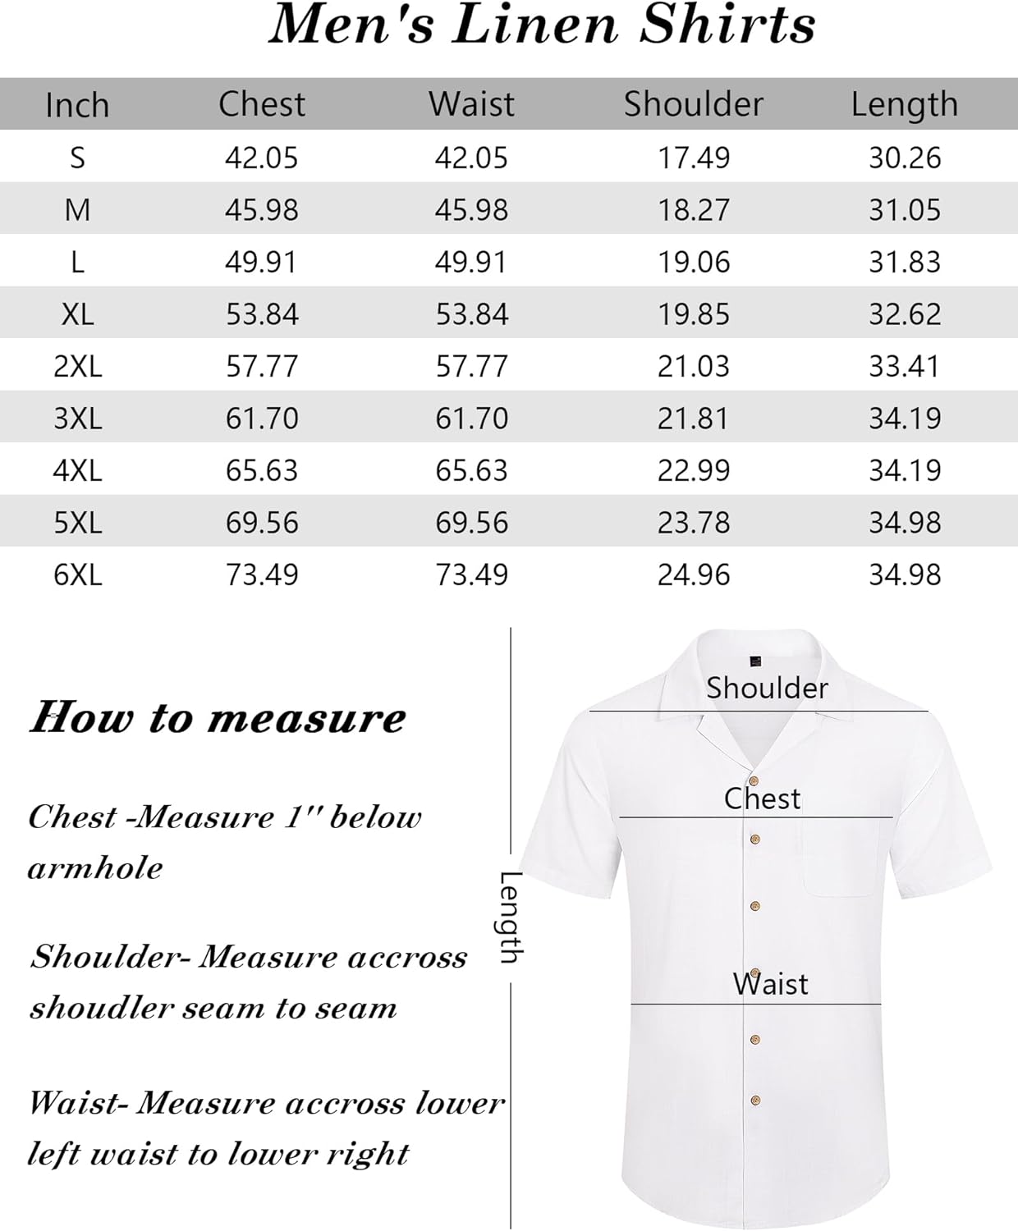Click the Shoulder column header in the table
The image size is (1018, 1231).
pos(693,104)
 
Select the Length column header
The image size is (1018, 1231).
pos(904,104)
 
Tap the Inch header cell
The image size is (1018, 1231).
pos(77,105)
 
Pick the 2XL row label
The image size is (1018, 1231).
pos(78,366)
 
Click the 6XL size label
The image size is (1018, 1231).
pos(78,574)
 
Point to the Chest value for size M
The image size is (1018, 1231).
pos(262,210)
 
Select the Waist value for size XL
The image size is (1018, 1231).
pos(472,314)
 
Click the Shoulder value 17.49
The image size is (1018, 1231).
pos(694,158)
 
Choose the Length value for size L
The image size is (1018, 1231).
pos(905,262)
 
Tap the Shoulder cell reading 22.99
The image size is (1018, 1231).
pos(694,470)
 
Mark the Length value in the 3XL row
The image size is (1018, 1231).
pos(905,419)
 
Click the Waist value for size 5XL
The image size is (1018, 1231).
pos(472,523)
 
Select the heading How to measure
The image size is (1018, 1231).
pos(218,718)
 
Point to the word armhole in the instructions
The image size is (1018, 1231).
pos(95,868)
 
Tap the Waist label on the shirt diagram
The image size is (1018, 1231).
pos(770,983)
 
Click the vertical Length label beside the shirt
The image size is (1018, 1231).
pos(511,917)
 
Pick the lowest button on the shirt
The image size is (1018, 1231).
pos(755,1101)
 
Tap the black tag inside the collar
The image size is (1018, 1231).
pos(755,661)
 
